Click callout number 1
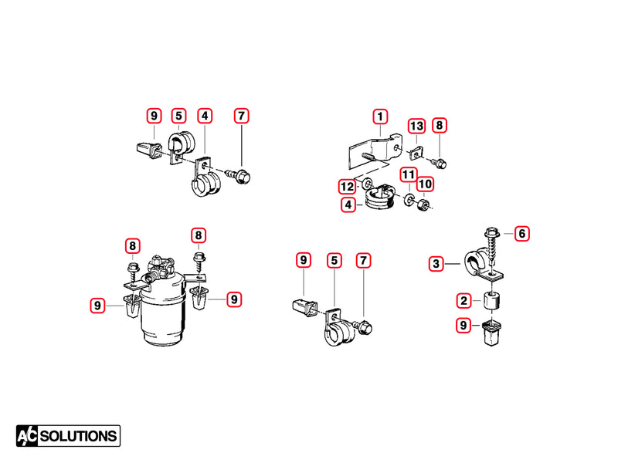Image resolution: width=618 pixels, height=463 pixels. pyautogui.click(x=380, y=117)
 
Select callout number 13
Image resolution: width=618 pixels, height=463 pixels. pyautogui.click(x=417, y=126)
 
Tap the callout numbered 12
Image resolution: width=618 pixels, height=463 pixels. pyautogui.click(x=346, y=187)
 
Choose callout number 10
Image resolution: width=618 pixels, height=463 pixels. pyautogui.click(x=426, y=184)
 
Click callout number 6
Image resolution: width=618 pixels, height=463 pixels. pyautogui.click(x=522, y=232)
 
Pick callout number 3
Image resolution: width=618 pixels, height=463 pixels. pyautogui.click(x=437, y=264)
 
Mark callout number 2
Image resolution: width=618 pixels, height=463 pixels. pyautogui.click(x=463, y=300)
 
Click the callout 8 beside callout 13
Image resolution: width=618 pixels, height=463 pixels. pyautogui.click(x=439, y=126)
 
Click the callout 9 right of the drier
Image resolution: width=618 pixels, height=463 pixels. pyautogui.click(x=234, y=299)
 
